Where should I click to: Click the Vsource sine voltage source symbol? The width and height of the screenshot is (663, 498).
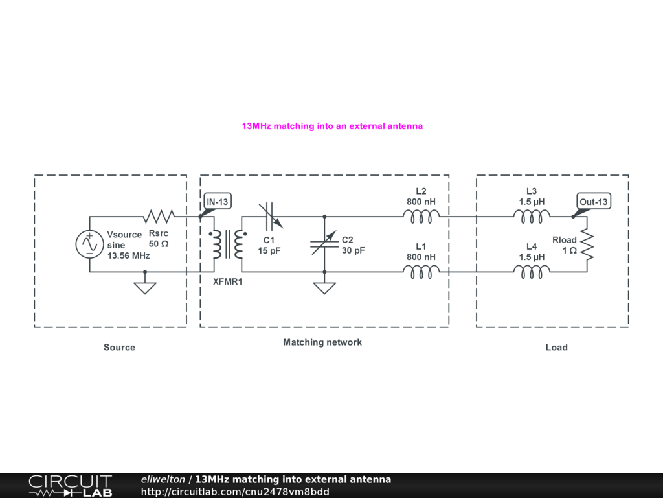click(x=89, y=244)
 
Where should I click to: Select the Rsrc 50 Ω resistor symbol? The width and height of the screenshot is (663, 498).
click(x=159, y=216)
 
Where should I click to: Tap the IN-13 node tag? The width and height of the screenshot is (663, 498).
click(x=218, y=202)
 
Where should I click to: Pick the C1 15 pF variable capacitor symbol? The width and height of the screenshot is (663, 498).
click(x=271, y=216)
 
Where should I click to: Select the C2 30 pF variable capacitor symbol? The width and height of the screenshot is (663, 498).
click(x=324, y=244)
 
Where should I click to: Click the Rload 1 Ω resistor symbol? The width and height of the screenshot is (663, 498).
click(x=587, y=244)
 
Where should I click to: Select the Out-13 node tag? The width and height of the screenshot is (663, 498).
click(x=594, y=202)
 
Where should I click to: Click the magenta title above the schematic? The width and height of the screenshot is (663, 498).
click(x=332, y=126)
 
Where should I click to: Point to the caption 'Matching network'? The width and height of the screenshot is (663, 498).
click(x=322, y=342)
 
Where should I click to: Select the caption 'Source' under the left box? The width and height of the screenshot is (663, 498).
click(x=119, y=348)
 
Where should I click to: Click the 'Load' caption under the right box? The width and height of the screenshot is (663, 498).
click(x=556, y=348)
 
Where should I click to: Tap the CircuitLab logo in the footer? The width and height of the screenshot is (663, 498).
click(x=70, y=486)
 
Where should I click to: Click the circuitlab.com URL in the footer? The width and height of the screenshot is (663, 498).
click(x=235, y=492)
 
